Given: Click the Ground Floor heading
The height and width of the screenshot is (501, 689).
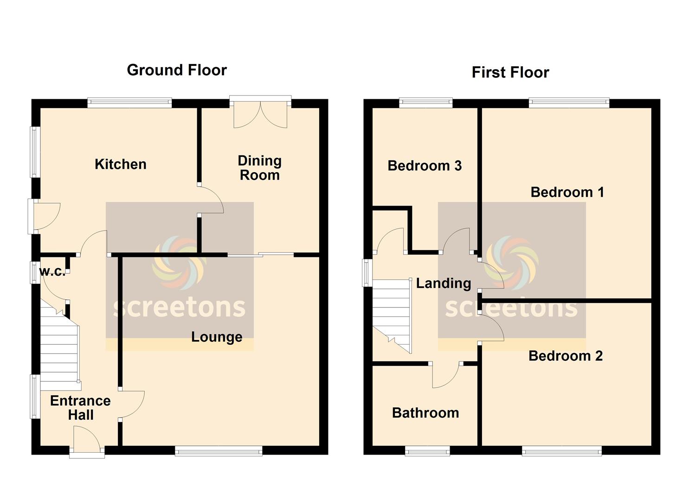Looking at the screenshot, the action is (x=177, y=70).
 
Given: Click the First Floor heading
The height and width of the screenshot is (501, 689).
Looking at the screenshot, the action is (x=510, y=72).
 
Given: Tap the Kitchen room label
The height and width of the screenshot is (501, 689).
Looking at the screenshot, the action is (x=121, y=164).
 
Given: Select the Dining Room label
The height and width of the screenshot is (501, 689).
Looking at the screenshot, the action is (x=260, y=168).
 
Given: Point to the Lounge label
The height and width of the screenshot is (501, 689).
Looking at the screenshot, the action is (x=217, y=337).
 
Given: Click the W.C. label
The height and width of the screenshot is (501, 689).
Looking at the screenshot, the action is (x=52, y=271).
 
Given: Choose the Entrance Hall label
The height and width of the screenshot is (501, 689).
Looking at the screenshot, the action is (x=81, y=408).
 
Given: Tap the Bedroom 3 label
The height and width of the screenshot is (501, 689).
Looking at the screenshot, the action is (x=425, y=166).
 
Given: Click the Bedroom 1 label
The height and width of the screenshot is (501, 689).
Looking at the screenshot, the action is (x=567, y=192).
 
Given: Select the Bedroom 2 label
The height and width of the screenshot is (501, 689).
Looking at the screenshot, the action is (x=566, y=356).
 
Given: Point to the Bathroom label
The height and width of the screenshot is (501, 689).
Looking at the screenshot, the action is (x=426, y=413).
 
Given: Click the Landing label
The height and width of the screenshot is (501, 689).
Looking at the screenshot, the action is (x=444, y=283).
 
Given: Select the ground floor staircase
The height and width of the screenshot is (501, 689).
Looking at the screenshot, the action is (x=60, y=345).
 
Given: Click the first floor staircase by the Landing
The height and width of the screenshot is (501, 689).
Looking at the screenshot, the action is (x=392, y=316).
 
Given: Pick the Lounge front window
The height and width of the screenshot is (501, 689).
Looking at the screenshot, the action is (x=219, y=451).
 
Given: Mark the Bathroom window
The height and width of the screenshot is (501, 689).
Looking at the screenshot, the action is (x=427, y=451).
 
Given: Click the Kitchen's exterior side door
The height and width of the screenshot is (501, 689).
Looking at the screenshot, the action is (x=44, y=217).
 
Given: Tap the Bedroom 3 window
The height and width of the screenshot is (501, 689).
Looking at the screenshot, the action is (x=426, y=103).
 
